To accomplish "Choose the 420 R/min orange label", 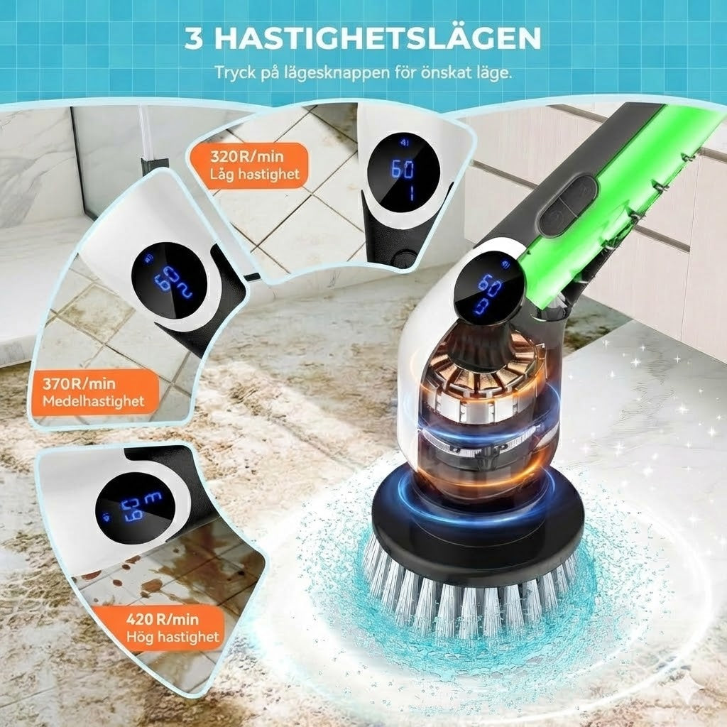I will (169, 627).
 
